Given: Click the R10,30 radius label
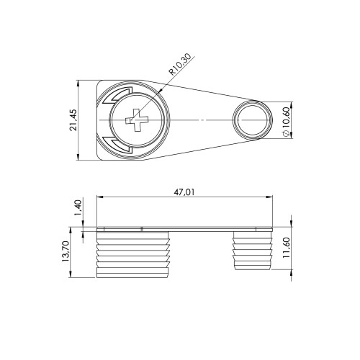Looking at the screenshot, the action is tap(180, 64).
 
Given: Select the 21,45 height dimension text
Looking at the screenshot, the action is tap(73, 120).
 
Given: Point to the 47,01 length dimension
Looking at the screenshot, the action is tap(184, 192).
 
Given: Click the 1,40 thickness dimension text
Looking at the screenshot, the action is tap(79, 207).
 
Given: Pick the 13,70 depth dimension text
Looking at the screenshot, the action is tap(66, 251).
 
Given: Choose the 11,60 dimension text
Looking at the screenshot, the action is tap(287, 248).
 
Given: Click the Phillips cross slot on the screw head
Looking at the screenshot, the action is tap(137, 120).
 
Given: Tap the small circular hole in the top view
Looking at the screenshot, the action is tap(253, 120).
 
